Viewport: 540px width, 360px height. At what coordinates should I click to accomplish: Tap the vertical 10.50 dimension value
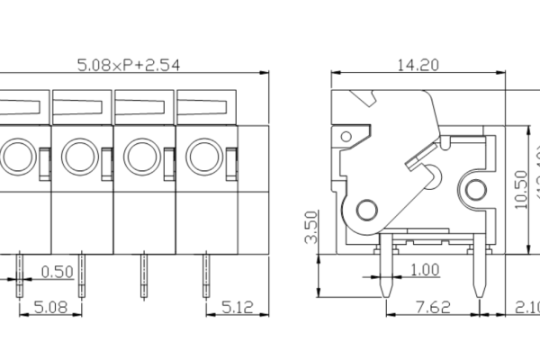click(520, 188)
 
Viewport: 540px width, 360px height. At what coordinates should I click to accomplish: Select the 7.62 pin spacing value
click(434, 308)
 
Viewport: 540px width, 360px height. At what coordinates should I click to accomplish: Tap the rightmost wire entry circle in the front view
click(202, 157)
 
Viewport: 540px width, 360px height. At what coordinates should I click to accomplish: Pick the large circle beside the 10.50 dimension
click(473, 188)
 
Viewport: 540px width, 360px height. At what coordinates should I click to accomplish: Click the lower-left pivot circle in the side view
click(366, 211)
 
